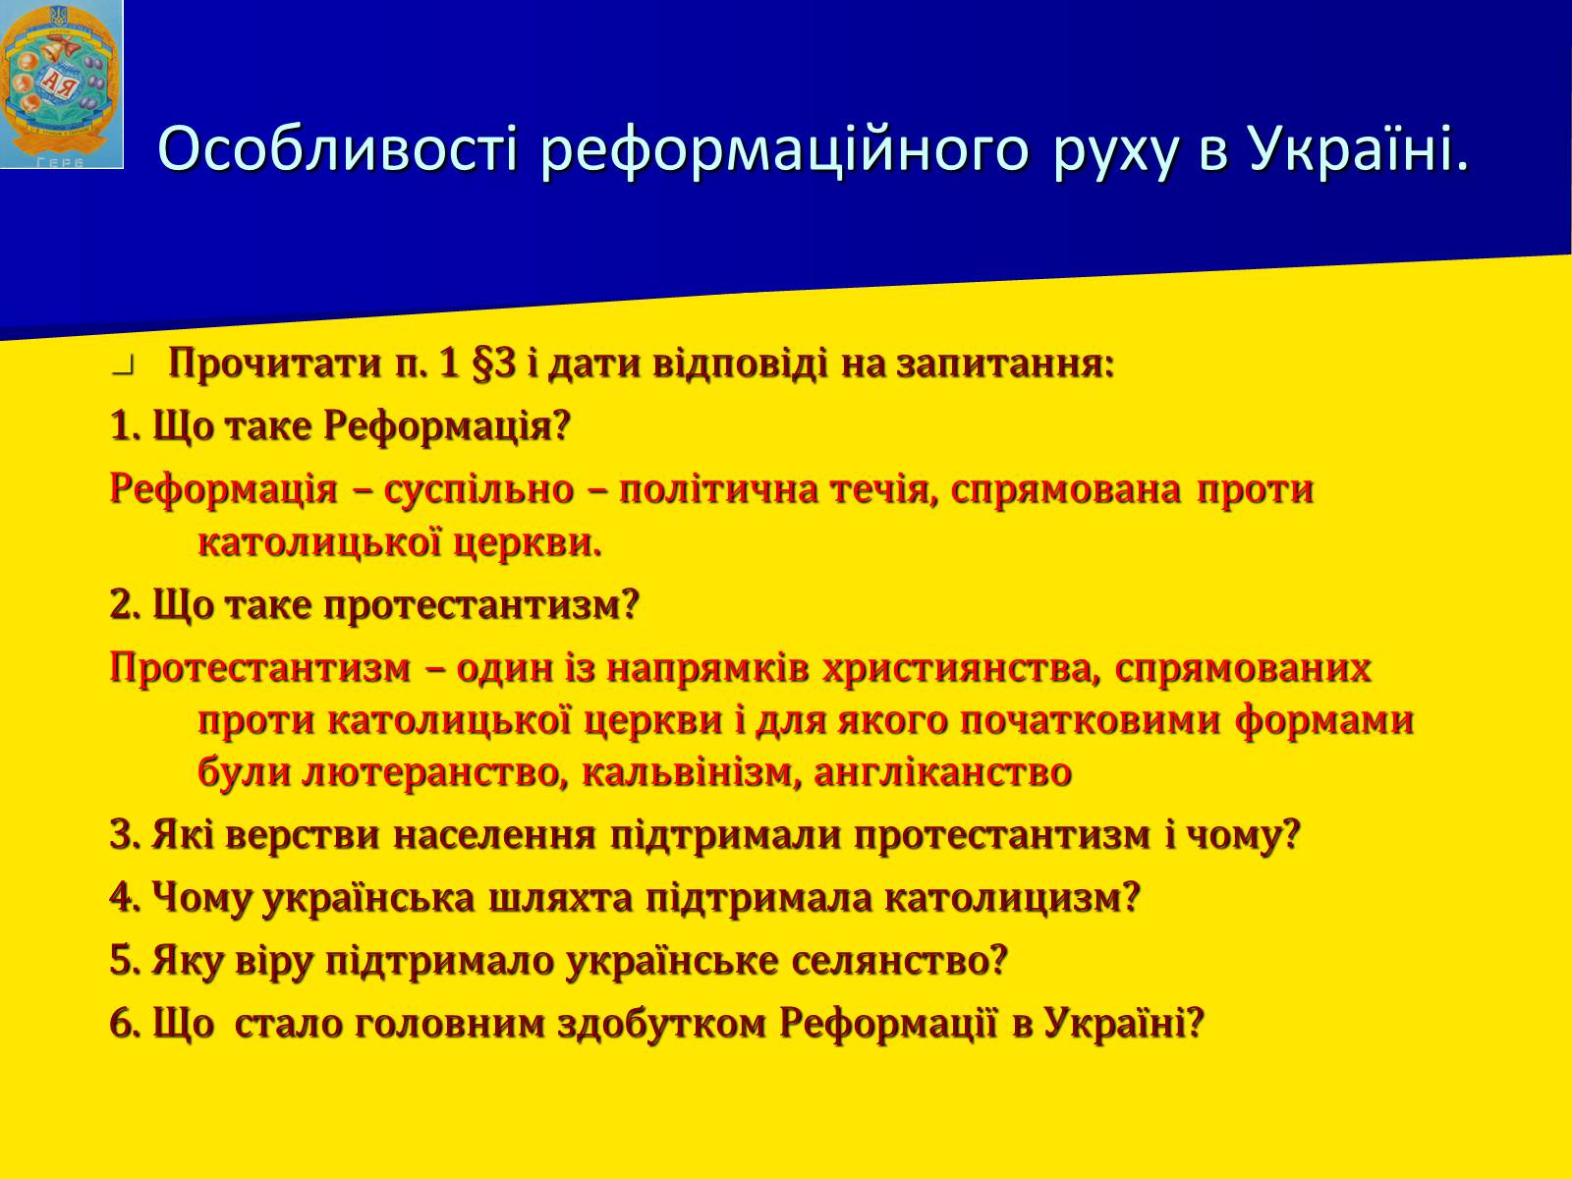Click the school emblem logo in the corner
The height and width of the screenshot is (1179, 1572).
coord(62,84)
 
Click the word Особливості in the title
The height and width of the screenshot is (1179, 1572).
coord(337,149)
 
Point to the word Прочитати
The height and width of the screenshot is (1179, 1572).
coord(275,364)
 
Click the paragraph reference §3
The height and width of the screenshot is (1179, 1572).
coord(494,364)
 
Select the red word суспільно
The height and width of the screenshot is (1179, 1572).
coord(479,490)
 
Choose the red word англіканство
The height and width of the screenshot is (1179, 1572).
coord(942,771)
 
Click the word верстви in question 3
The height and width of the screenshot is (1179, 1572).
coord(302,835)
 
